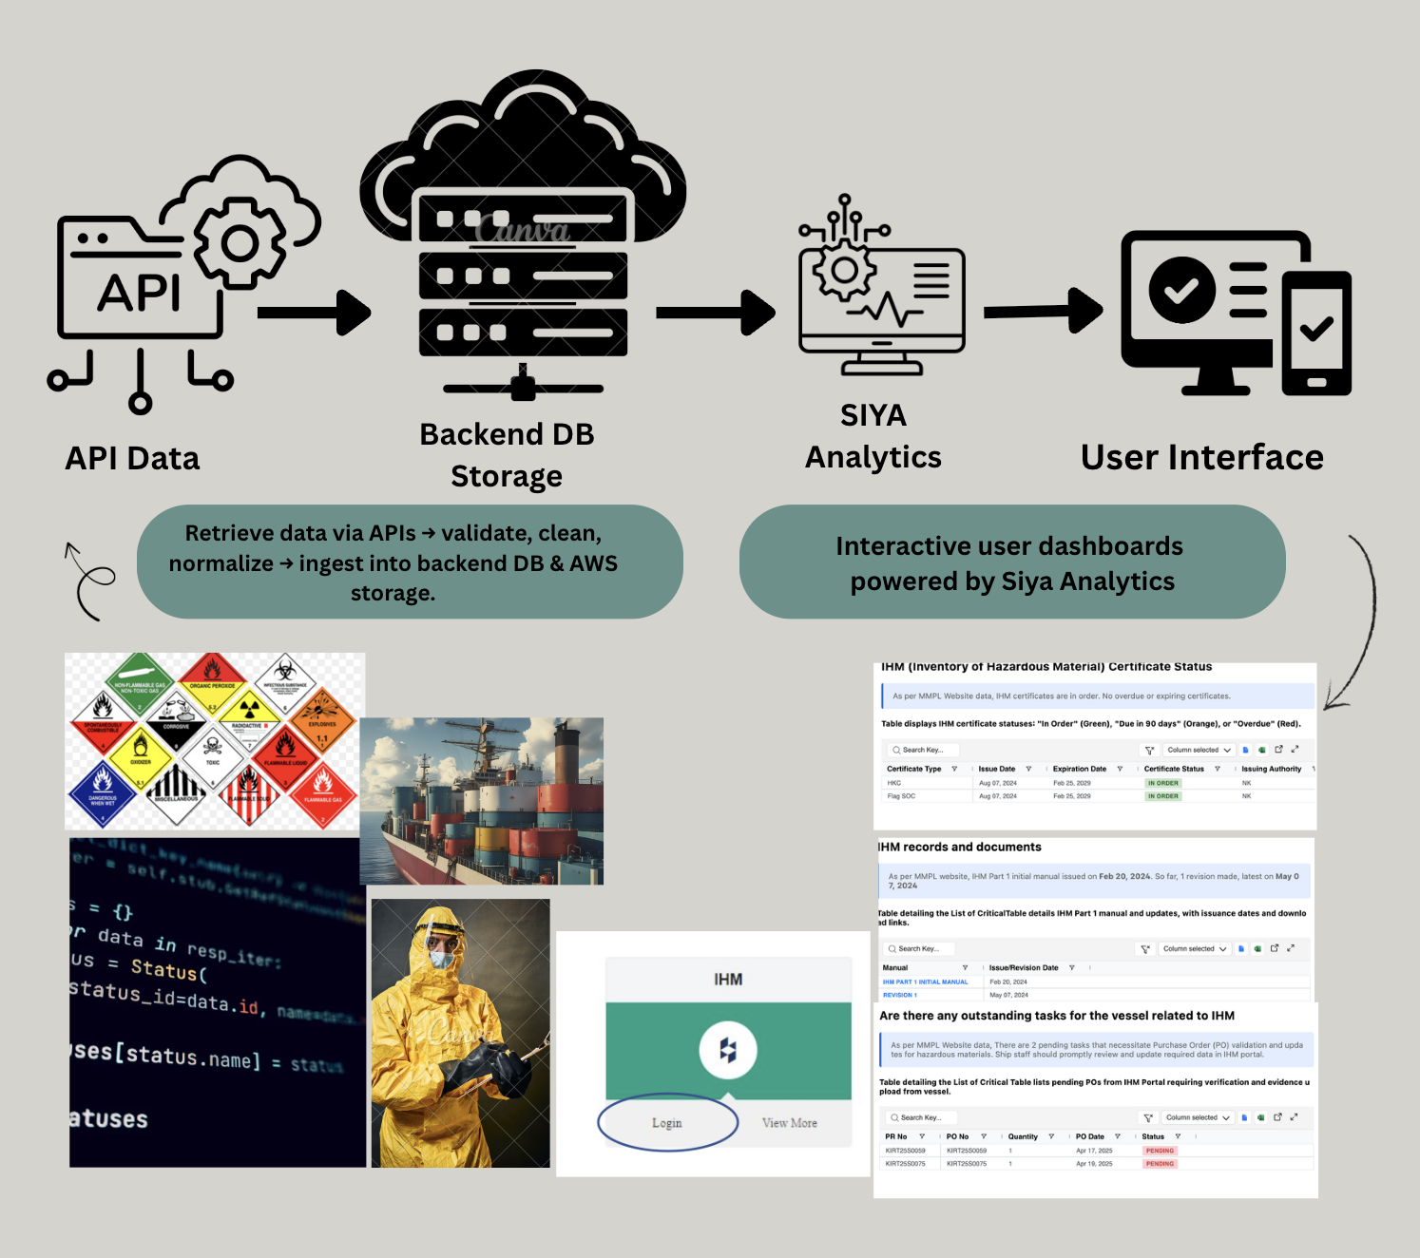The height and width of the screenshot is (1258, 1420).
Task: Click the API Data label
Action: point(132,458)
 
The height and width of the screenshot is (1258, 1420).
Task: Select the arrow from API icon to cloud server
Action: point(314,313)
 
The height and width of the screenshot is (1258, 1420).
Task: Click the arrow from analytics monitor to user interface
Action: point(1042,311)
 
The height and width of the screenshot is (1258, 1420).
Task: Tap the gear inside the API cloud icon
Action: point(240,244)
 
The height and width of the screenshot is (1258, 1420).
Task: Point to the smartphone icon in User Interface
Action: point(1316,333)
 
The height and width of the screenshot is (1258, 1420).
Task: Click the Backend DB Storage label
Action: point(507,454)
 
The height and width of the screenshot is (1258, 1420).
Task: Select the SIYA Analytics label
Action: point(873,436)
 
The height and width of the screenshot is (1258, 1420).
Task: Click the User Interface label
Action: point(1201,457)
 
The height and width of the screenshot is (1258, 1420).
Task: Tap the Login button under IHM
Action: point(667,1123)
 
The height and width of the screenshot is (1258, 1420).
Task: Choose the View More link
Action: point(789,1123)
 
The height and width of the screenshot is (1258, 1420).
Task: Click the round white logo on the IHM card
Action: point(728,1050)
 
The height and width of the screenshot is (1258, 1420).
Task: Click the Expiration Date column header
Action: point(1079,769)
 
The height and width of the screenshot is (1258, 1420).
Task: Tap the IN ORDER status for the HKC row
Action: point(1162,783)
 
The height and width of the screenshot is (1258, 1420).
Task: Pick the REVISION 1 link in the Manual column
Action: point(899,995)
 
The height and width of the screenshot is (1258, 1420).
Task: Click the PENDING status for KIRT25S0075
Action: point(1160,1163)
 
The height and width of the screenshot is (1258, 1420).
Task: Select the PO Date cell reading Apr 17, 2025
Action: point(1094,1151)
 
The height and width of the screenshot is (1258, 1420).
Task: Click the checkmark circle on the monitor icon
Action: point(1181,290)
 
